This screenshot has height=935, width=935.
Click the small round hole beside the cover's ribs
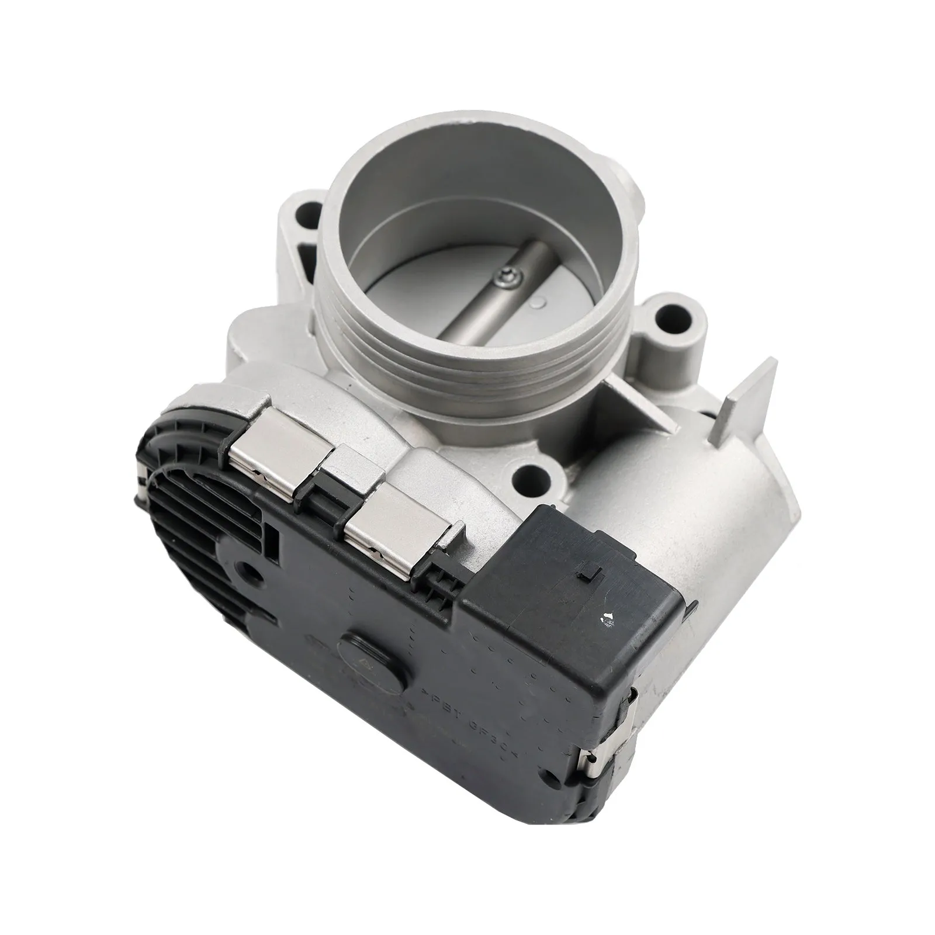click(x=247, y=567)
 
